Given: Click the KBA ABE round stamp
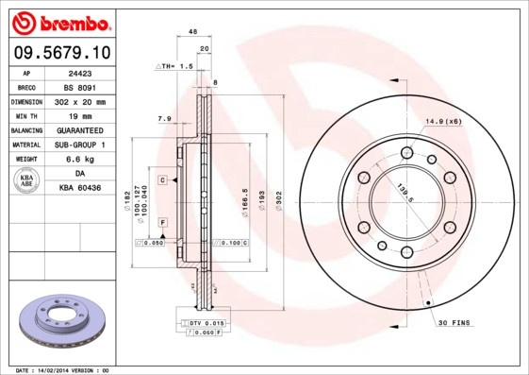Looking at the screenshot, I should point(27,180).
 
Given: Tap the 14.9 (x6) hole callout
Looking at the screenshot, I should point(442,122).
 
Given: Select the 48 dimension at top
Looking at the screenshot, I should point(192,32).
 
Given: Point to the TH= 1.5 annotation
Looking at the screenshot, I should point(174,67).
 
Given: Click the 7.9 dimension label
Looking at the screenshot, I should point(164,119).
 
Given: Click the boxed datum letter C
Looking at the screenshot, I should point(162,179).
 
